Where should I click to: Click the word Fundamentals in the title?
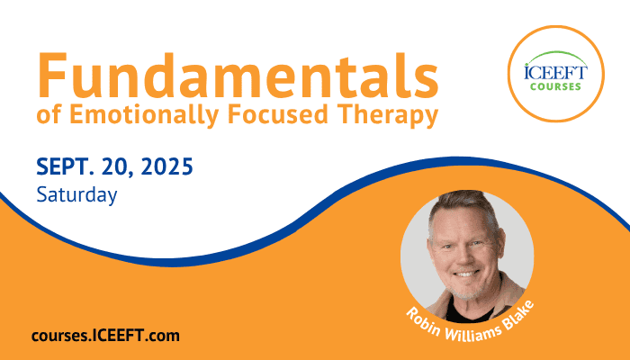(x=238, y=76)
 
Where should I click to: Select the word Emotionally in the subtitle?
(x=144, y=115)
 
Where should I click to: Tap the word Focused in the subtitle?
(x=278, y=114)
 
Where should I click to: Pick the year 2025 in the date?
(x=167, y=166)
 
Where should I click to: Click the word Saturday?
(x=76, y=195)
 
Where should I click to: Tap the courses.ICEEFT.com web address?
(x=105, y=336)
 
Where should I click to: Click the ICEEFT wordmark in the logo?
(x=555, y=73)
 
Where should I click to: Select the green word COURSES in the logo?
(x=555, y=86)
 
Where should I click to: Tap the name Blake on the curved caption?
(x=519, y=315)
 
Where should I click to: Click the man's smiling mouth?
(x=466, y=274)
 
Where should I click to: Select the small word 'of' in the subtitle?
(x=49, y=115)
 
